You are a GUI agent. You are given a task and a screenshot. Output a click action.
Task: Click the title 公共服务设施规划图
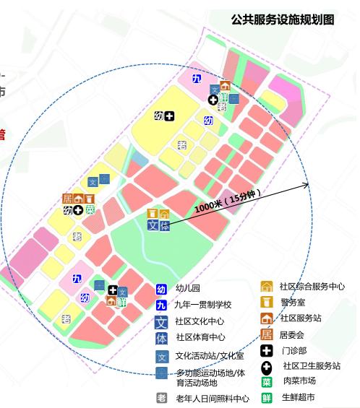point(283,20)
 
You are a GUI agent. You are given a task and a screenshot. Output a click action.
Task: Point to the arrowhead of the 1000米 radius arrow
point(307,186)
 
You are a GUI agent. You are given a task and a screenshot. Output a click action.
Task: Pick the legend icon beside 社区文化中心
point(162,321)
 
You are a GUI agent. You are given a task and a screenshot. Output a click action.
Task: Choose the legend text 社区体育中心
point(200,337)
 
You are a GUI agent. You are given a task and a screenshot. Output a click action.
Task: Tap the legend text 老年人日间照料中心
point(213,399)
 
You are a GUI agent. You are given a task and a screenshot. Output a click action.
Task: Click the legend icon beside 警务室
point(267,302)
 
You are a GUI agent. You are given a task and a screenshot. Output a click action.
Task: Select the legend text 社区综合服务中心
point(312,287)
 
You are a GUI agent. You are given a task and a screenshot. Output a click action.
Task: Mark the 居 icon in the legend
point(267,334)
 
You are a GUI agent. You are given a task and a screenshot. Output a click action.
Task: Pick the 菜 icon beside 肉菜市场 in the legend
point(267,381)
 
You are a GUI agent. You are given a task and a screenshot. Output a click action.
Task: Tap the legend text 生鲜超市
point(298,397)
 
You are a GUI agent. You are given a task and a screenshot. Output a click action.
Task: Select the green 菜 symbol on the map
point(90,210)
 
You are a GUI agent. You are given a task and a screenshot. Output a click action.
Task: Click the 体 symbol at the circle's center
point(165,226)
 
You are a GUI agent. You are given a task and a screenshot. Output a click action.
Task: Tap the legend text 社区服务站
point(301,318)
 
